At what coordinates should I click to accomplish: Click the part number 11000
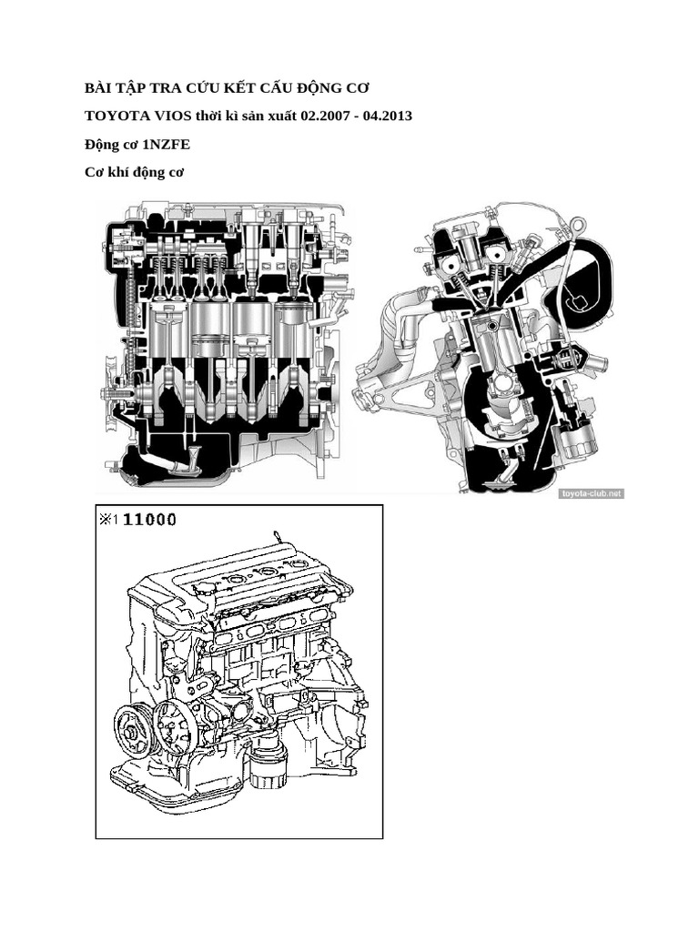pyautogui.click(x=149, y=520)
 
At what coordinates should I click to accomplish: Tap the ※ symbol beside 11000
pyautogui.click(x=107, y=520)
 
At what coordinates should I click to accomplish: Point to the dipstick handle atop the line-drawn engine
pyautogui.click(x=273, y=533)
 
